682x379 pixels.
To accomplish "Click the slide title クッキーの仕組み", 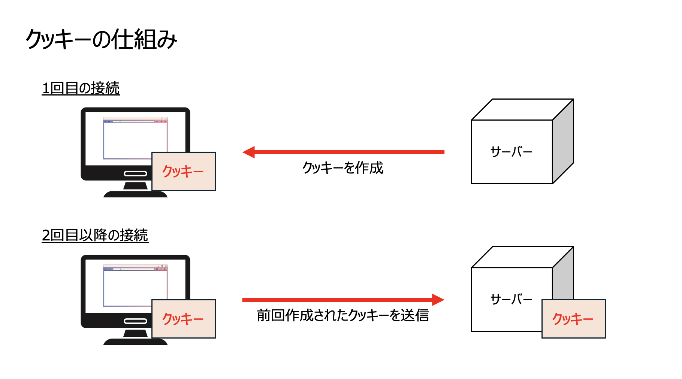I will tap(101, 39).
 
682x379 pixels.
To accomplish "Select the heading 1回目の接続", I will tap(81, 88).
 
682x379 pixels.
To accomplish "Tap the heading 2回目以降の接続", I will tap(95, 236).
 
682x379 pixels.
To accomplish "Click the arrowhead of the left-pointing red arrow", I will tap(249, 152).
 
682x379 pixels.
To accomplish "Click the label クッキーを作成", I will tap(343, 168).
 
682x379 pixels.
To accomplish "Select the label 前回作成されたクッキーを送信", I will tap(343, 315).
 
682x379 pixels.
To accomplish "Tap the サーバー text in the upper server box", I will tap(511, 152).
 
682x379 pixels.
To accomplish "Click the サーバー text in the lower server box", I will tap(511, 299).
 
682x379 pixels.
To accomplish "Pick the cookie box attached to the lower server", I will tap(573, 319).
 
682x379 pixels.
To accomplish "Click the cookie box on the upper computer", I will tap(183, 171).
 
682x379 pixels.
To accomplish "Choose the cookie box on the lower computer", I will tap(183, 319).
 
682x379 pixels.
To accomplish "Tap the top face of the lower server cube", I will tap(522, 257).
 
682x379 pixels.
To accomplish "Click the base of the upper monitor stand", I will tap(135, 194).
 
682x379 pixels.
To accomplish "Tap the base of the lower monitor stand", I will tap(135, 342).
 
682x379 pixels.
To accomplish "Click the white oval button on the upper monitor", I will tap(135, 173).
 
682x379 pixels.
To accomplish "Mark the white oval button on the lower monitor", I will tap(135, 321).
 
